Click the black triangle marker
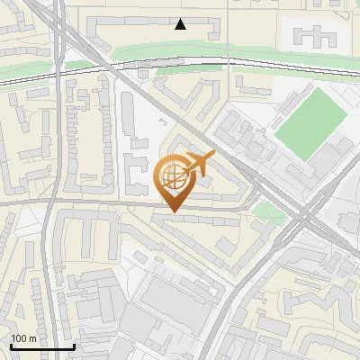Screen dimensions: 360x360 tap(181, 24)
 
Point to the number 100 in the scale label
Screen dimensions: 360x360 tap(19, 338)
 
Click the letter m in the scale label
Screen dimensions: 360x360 tap(32, 338)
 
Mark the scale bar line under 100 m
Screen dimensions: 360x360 tap(41, 346)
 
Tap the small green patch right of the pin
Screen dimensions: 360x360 tap(265, 213)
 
